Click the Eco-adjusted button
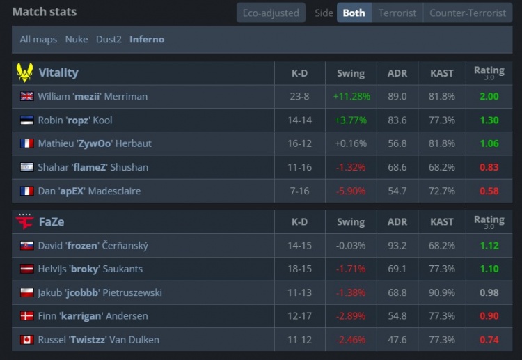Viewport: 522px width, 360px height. click(x=271, y=13)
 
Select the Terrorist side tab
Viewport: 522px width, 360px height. click(x=397, y=13)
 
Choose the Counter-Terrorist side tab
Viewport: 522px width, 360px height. click(x=467, y=13)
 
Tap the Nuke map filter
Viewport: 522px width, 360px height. click(x=77, y=39)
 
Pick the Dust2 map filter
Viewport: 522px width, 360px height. click(x=109, y=39)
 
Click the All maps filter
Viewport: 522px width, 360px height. click(x=38, y=39)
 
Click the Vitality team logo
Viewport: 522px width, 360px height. click(x=25, y=73)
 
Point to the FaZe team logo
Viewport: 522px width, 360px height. click(x=24, y=221)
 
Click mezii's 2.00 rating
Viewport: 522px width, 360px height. click(x=489, y=96)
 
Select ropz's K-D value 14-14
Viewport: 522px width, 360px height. click(x=299, y=120)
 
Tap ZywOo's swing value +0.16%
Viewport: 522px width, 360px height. click(x=351, y=143)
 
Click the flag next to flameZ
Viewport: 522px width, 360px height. click(x=27, y=167)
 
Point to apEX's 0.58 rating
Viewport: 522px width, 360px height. click(x=489, y=191)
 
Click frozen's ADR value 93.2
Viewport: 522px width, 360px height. click(x=397, y=245)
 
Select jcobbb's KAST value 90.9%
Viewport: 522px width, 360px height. click(x=442, y=292)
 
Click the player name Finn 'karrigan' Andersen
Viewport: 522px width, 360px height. click(x=93, y=316)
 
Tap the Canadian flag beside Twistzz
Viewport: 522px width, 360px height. click(x=27, y=340)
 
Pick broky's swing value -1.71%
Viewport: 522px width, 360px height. click(x=351, y=269)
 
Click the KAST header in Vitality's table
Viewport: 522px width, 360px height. click(x=442, y=73)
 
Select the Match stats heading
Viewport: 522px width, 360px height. click(x=45, y=12)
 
